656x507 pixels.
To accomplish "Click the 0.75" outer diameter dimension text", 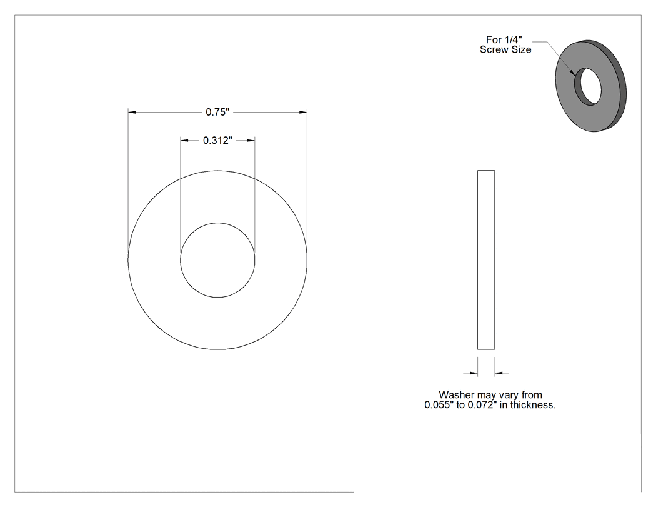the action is [217, 112].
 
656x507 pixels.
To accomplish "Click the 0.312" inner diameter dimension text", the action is [217, 140].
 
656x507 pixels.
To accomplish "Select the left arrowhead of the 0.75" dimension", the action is [132, 112].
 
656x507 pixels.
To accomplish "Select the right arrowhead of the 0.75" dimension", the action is [303, 112].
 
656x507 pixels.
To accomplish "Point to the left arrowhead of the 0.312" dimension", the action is [184, 140].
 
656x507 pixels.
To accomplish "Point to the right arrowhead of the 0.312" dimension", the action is [251, 140].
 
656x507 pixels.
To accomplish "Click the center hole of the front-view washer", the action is [217, 260].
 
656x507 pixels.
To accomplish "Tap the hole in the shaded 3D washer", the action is [588, 86].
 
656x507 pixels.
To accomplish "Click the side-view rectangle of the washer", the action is [486, 260].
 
